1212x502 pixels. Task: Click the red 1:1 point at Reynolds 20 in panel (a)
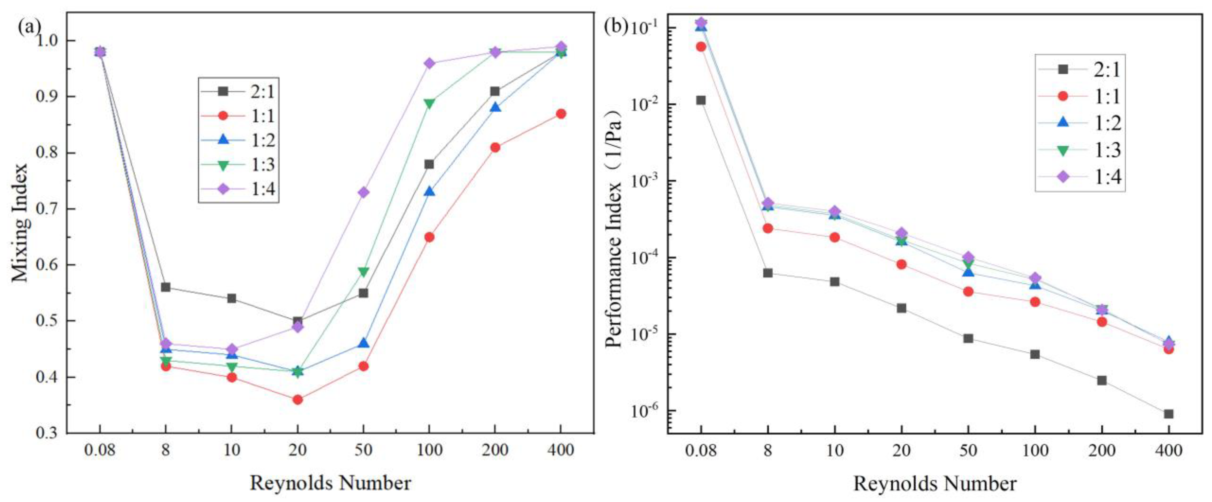coord(297,400)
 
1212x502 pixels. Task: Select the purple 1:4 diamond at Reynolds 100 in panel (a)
coord(429,63)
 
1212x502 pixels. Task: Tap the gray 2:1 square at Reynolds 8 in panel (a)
coord(166,287)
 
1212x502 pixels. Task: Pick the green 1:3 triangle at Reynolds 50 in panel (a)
coord(363,272)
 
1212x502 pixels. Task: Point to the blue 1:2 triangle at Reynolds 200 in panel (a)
coord(495,107)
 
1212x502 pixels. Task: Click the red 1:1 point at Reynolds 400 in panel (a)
coord(561,114)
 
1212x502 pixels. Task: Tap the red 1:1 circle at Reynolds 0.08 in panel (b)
coord(701,47)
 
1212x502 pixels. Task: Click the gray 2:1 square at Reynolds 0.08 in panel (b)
coord(701,100)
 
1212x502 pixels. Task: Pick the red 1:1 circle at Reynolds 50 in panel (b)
coord(968,291)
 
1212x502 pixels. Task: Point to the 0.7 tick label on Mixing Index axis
coord(49,209)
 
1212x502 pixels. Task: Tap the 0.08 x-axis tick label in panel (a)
coord(100,450)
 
